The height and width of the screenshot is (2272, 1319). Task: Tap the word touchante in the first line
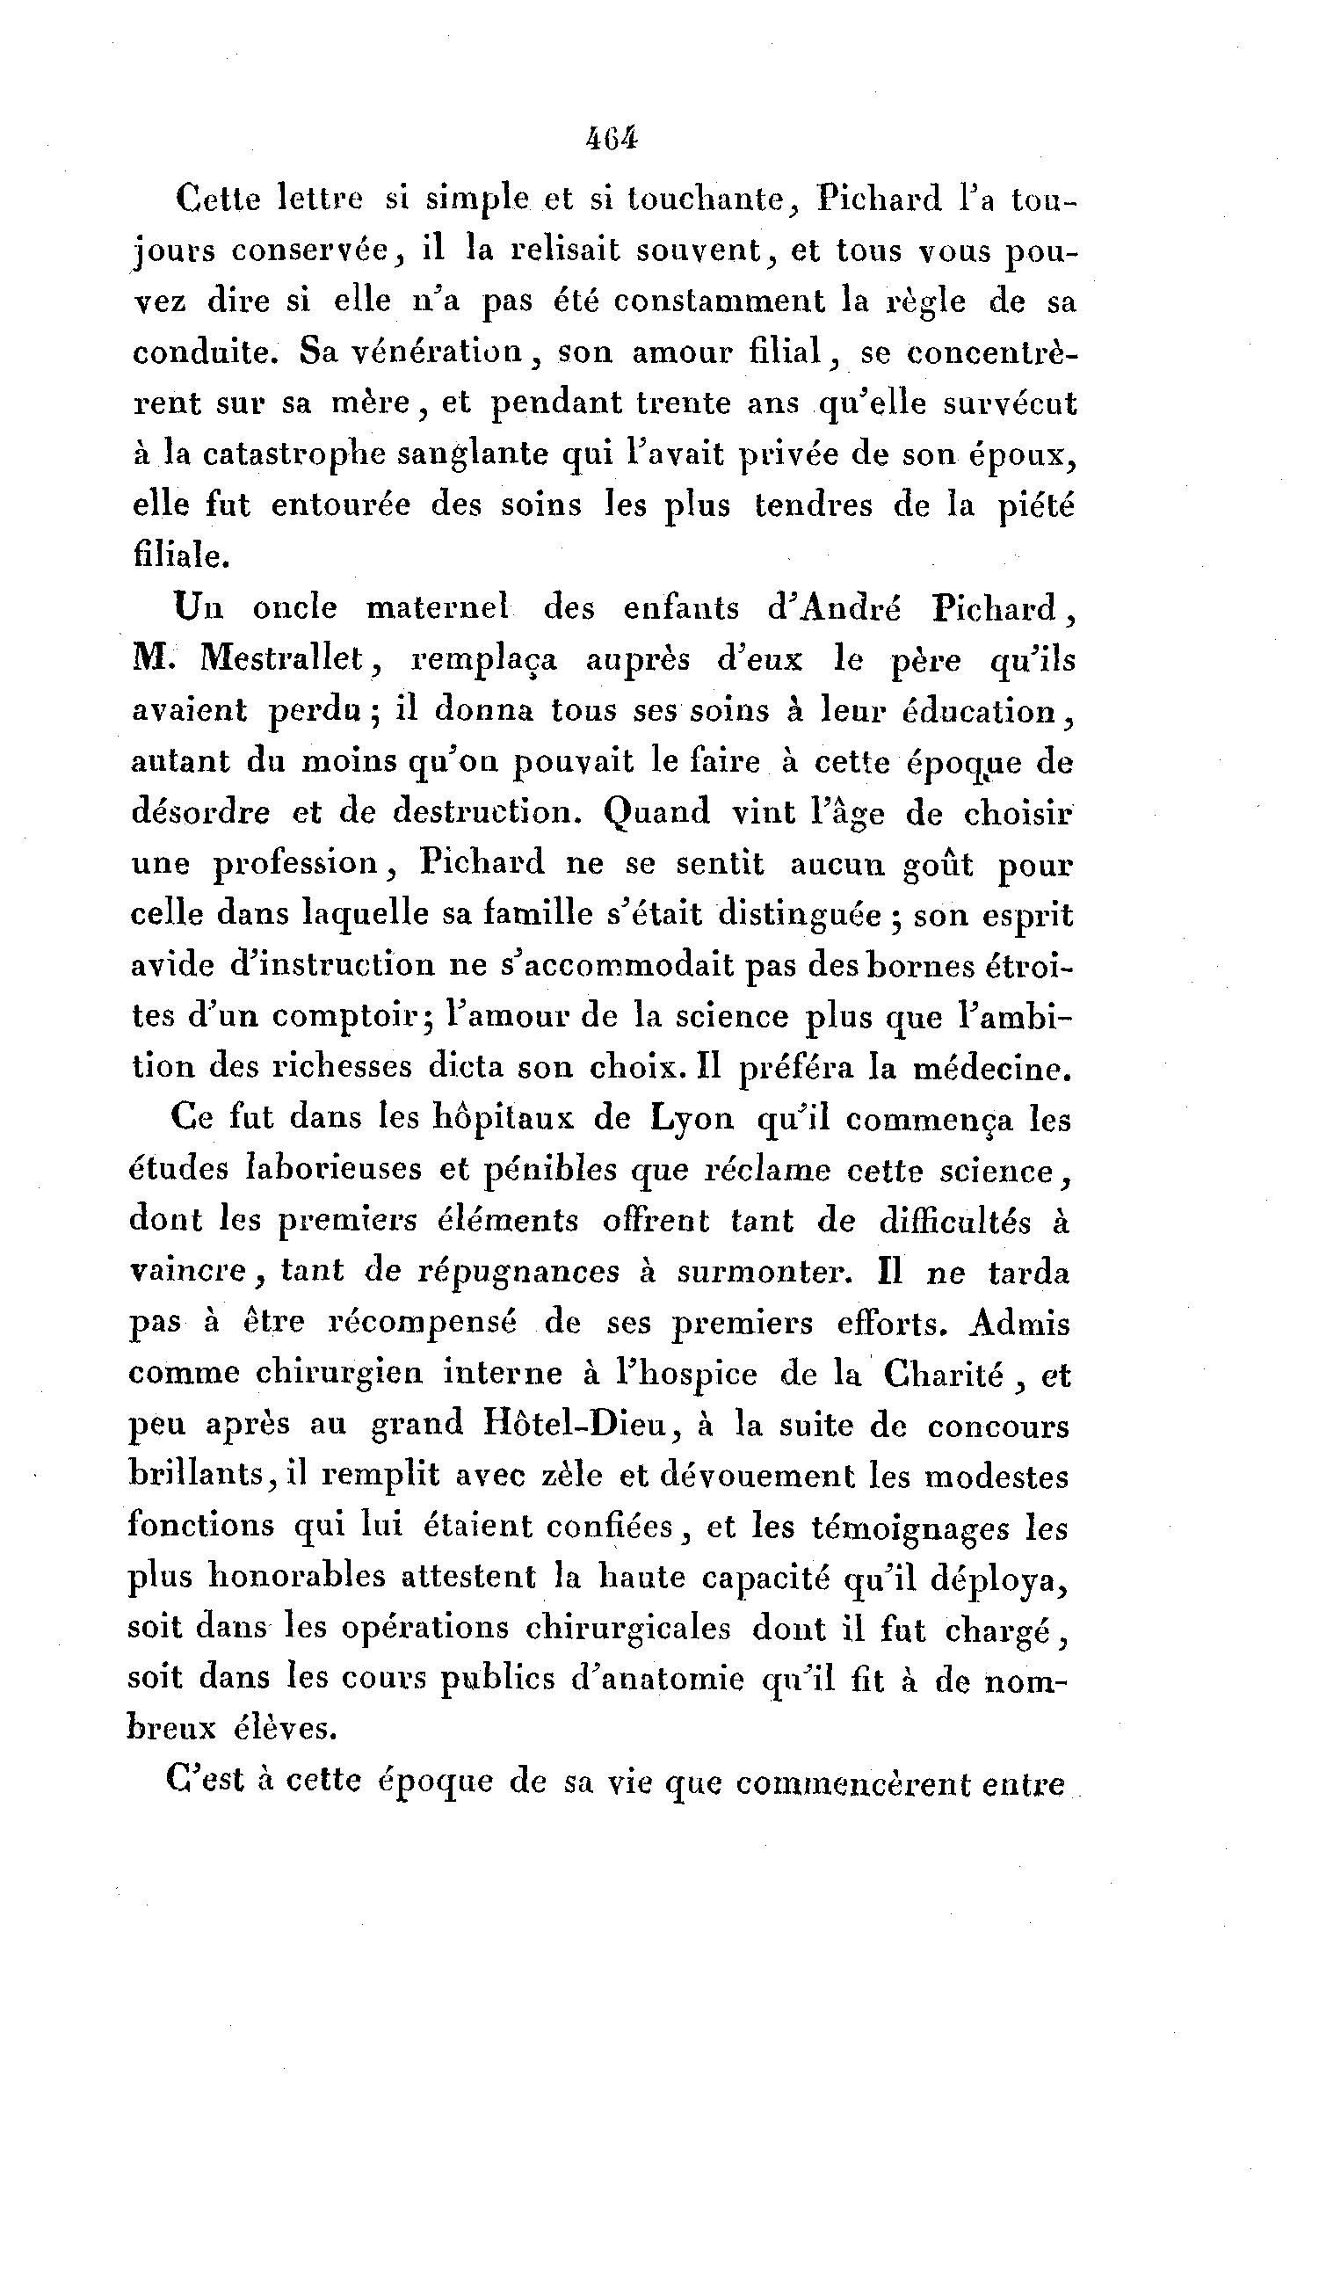point(705,200)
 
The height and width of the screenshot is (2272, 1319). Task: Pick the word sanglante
point(475,454)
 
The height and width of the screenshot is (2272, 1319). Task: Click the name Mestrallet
point(289,660)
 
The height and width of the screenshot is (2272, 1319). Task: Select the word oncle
point(294,608)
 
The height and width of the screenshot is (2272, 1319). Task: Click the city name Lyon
point(692,1119)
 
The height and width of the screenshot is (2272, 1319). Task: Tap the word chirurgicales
point(627,1629)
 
